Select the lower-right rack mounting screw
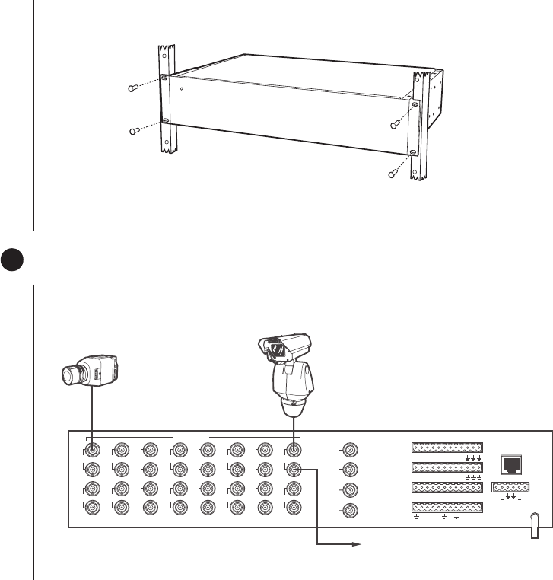pos(392,173)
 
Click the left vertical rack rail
pos(168,99)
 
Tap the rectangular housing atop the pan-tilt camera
pos(284,347)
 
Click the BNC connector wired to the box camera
pos(92,450)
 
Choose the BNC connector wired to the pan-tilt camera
pos(294,450)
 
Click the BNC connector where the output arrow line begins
pos(294,470)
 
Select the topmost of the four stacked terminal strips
pos(447,448)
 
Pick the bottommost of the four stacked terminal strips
pos(447,508)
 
